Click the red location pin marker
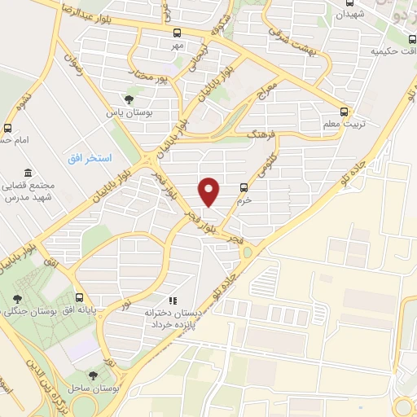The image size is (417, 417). tap(210, 191)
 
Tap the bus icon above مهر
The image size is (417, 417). tap(178, 33)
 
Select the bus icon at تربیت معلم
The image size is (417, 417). tap(344, 112)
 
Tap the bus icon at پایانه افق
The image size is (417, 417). tap(79, 298)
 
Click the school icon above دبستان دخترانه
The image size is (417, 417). tap(172, 301)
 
